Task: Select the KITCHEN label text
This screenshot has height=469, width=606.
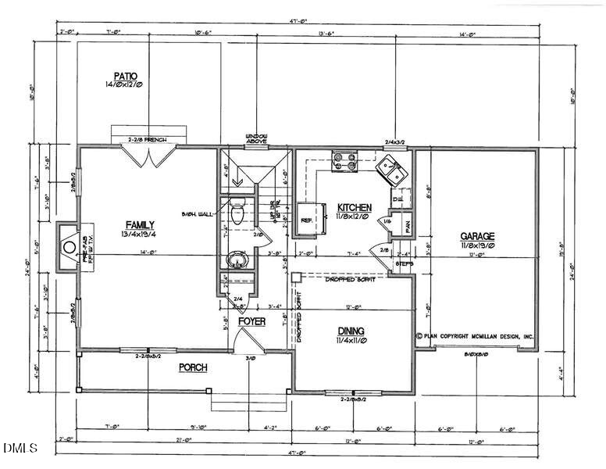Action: (353, 207)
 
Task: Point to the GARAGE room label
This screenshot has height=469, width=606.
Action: (476, 235)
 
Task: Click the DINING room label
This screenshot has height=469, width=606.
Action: (351, 331)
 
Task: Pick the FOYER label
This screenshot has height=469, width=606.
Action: (252, 321)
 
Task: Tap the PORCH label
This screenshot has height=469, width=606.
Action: (193, 367)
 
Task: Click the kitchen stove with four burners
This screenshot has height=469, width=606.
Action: (344, 160)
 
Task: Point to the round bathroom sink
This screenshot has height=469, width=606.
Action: (235, 259)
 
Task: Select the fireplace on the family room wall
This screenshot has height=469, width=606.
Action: (69, 243)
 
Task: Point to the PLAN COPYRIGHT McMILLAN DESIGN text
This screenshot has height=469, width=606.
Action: (476, 336)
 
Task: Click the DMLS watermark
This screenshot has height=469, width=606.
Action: (21, 448)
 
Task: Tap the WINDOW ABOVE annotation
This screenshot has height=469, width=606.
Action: (257, 138)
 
